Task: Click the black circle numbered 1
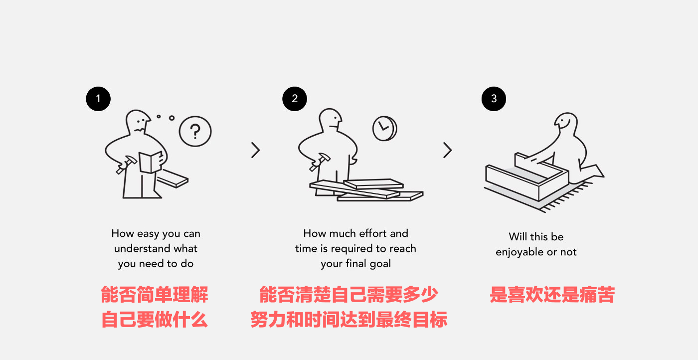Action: click(x=98, y=99)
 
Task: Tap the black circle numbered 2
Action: click(x=295, y=99)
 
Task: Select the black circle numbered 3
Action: click(x=494, y=99)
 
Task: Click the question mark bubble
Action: click(x=195, y=132)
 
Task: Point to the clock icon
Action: click(x=384, y=128)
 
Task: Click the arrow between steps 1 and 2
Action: click(x=255, y=150)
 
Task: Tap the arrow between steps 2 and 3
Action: click(x=447, y=150)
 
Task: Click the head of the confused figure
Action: click(x=138, y=123)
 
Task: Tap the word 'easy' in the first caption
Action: click(x=148, y=233)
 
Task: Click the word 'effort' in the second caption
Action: click(x=370, y=233)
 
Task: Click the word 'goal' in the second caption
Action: click(x=380, y=264)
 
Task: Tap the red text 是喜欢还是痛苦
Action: click(x=552, y=295)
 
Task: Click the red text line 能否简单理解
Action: click(x=155, y=295)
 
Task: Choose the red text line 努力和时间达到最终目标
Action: click(x=349, y=320)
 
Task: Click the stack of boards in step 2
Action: click(x=366, y=190)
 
